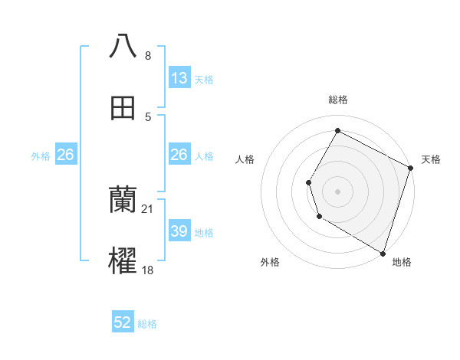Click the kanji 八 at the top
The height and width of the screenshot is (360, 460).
(123, 46)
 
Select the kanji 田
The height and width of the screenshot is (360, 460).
(123, 109)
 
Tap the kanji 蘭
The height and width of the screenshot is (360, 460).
(123, 200)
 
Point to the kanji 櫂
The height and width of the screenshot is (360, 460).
(123, 261)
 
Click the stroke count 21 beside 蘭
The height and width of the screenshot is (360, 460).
(149, 208)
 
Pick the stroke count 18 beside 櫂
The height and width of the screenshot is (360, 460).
(149, 270)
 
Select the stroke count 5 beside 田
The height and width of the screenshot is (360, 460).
(149, 116)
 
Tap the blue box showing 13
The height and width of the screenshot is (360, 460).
(179, 78)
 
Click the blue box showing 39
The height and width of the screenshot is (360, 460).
(179, 231)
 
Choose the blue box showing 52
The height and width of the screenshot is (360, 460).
(123, 322)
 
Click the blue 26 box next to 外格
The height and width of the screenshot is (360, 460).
(65, 155)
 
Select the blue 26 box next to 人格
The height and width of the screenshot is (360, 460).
(179, 155)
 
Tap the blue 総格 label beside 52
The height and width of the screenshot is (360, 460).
(147, 324)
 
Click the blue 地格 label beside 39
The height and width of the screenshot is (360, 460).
(205, 232)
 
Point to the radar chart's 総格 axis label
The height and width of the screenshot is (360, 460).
(338, 100)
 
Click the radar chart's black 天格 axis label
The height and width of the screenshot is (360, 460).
(431, 159)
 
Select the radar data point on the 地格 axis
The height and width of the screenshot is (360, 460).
(383, 252)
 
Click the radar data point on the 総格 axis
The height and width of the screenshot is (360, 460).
(337, 130)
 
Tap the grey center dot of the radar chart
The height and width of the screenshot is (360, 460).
(337, 191)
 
